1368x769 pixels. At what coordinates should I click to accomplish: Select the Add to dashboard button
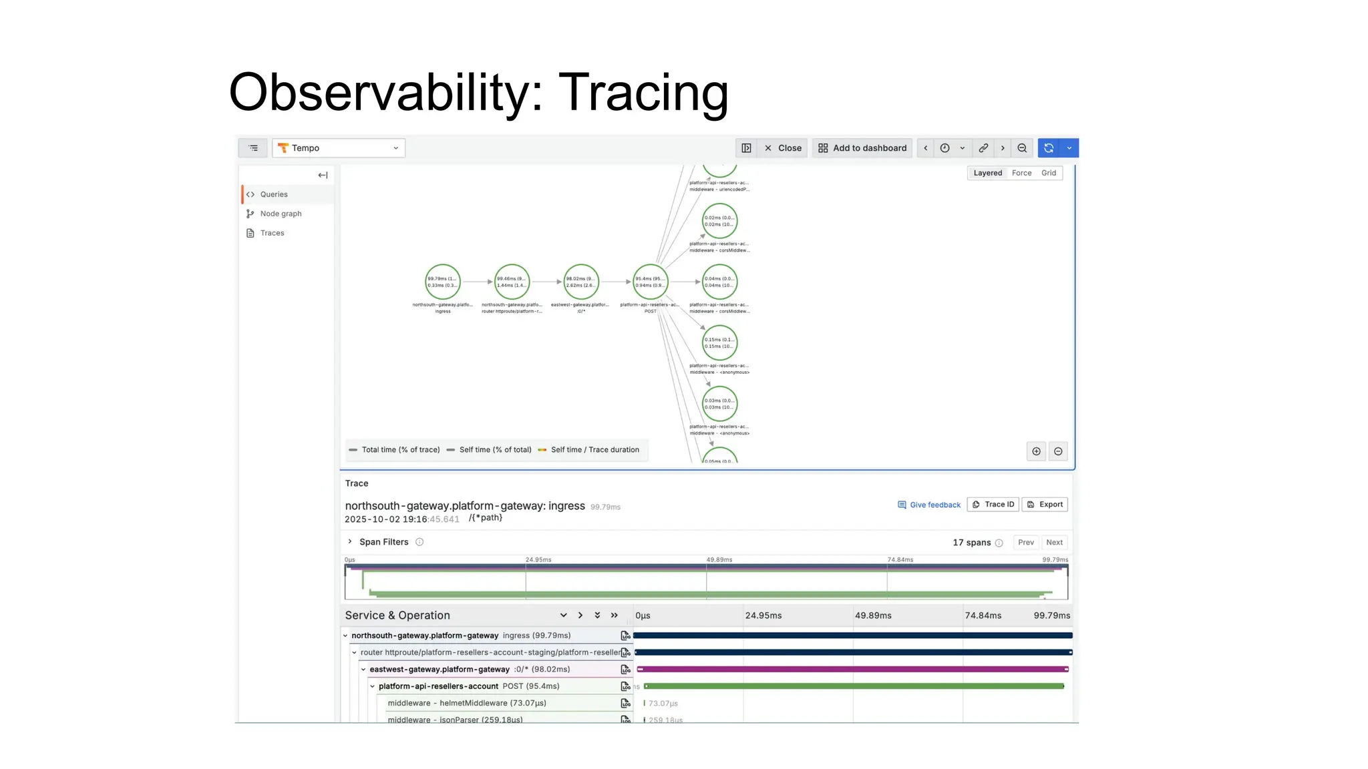click(862, 148)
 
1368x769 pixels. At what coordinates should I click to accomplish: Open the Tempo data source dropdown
click(339, 148)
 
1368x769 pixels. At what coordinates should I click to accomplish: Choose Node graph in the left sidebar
click(281, 214)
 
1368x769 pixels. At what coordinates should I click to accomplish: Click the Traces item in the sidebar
click(272, 233)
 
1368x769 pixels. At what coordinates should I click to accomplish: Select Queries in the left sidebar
click(274, 194)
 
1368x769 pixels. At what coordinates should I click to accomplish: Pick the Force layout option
click(1021, 173)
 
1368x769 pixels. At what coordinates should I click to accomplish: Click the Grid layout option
click(1049, 173)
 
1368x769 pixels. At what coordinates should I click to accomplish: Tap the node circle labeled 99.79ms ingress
click(443, 282)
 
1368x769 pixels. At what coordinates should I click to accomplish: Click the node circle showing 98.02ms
click(581, 282)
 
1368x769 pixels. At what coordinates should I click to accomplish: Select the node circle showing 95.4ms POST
click(650, 282)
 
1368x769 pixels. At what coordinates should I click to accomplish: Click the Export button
click(1045, 505)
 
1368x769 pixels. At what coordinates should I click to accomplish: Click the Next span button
click(1054, 543)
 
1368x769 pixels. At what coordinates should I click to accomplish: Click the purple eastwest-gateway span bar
click(852, 669)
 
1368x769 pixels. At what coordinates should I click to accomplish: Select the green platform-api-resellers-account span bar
click(854, 686)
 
